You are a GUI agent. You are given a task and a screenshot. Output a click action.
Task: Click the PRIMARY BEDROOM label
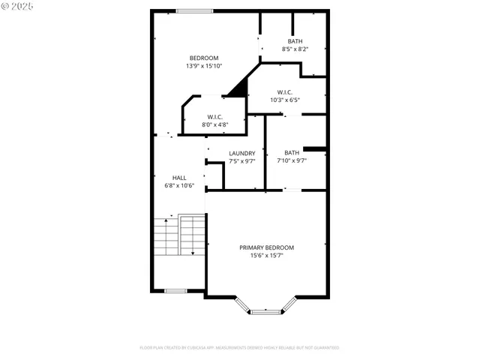[266, 247]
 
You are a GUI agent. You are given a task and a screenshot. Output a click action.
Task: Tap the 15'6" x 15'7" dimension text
[266, 256]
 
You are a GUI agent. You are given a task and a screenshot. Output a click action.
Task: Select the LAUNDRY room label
[242, 153]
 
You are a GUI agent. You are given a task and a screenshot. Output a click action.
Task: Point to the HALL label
[180, 178]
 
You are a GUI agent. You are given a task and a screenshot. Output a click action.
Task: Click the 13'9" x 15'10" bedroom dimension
[204, 66]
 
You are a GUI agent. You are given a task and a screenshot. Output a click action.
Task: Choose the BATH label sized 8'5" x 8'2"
[295, 41]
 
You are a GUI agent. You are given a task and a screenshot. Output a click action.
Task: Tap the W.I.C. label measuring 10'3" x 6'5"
[285, 92]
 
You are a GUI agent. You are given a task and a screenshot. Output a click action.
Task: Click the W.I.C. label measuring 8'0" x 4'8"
[215, 116]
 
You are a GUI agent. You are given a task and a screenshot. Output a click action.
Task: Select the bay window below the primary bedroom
[266, 308]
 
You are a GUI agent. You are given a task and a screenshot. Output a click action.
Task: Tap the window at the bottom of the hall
[175, 290]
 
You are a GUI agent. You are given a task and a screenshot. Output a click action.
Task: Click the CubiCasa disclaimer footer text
[239, 348]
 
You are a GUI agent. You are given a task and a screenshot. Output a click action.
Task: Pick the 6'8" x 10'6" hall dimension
[180, 185]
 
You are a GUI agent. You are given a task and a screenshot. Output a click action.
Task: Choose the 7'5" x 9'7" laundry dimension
[242, 160]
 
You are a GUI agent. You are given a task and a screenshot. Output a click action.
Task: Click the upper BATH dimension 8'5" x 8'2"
[295, 49]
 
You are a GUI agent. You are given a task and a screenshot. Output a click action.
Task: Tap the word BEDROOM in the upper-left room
[204, 58]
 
